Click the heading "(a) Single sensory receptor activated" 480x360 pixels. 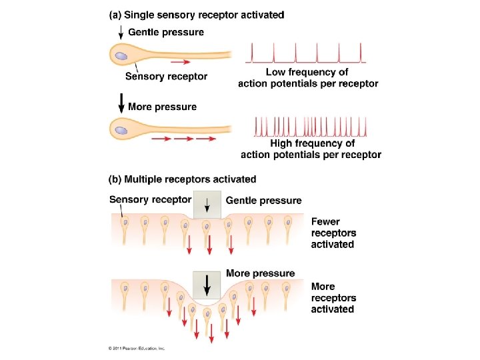click(195, 15)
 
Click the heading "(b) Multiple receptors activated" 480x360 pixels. click(182, 179)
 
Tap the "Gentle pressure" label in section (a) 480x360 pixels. click(166, 32)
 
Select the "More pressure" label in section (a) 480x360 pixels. click(162, 107)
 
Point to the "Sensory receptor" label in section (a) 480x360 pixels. click(167, 76)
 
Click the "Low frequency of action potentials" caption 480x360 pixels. click(307, 77)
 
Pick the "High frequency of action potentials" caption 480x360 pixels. click(311, 149)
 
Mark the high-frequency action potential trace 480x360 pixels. click(311, 125)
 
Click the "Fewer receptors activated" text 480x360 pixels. click(333, 233)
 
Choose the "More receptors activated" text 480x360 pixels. click(333, 297)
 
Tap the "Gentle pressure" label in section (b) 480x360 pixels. click(264, 200)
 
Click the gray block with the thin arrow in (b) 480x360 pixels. click(207, 205)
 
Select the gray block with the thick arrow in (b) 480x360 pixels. click(207, 285)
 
